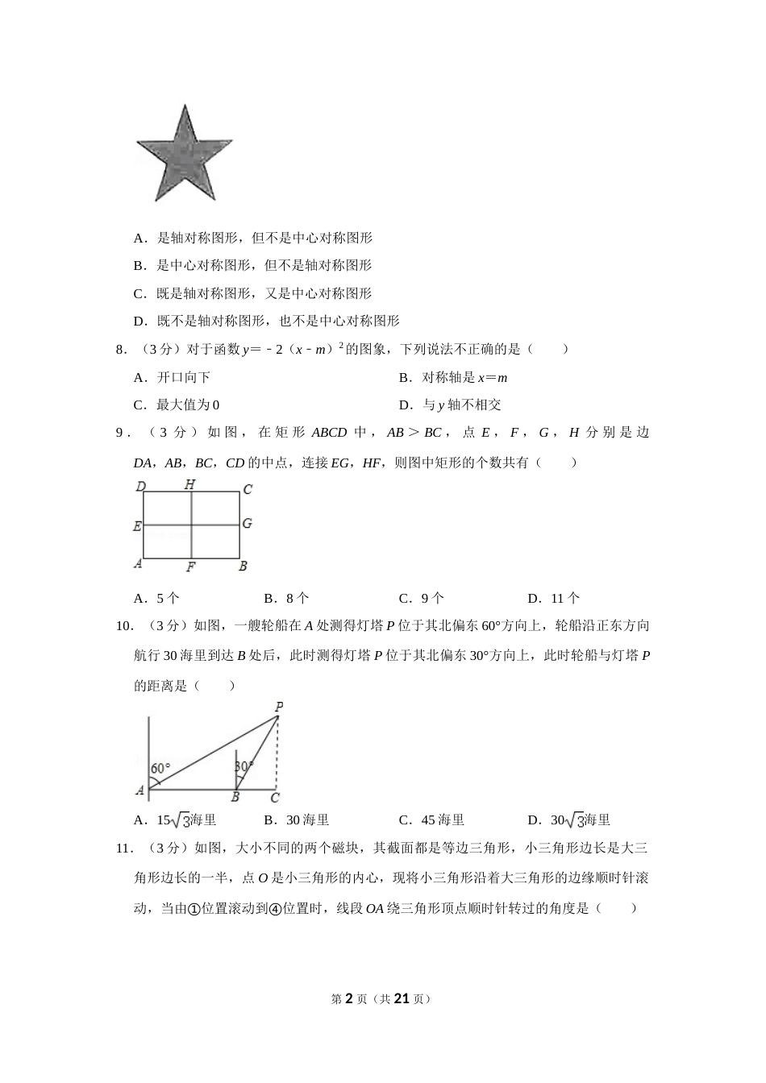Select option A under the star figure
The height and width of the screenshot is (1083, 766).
(x=252, y=238)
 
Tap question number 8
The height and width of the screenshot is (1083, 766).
(x=122, y=349)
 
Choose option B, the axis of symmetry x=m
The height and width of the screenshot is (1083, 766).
(x=453, y=377)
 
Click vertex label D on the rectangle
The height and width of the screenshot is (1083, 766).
(x=140, y=487)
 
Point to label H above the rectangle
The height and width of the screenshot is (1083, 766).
(x=189, y=484)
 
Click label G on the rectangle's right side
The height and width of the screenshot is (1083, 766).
(x=247, y=524)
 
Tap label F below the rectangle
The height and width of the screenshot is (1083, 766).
(x=191, y=566)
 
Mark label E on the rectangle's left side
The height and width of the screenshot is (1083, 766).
(x=138, y=526)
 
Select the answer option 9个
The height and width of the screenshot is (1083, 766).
(x=422, y=598)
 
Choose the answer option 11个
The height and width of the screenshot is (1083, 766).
(x=553, y=598)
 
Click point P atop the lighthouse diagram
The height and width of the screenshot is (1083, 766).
(x=279, y=707)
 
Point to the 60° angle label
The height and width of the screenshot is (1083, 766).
(x=160, y=768)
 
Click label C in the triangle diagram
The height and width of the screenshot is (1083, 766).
(x=275, y=798)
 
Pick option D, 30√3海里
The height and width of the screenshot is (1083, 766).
(x=569, y=820)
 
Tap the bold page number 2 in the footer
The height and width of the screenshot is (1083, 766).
(x=349, y=998)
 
